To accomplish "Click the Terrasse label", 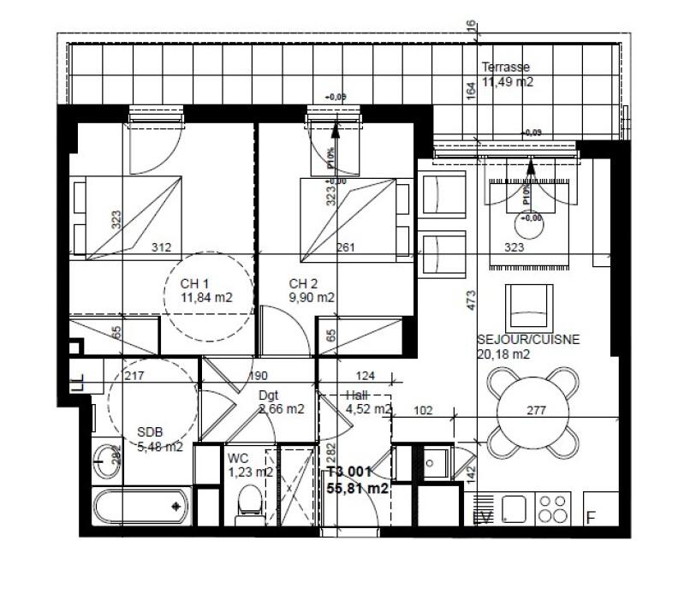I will tap(505, 67).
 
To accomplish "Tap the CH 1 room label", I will tap(194, 284).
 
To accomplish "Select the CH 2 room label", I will tap(304, 284).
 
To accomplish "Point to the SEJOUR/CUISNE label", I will tap(528, 339).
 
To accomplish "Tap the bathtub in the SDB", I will tap(141, 507).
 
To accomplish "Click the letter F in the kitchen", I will tap(591, 518).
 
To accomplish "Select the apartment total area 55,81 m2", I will tap(358, 489).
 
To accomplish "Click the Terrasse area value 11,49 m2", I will tap(508, 82).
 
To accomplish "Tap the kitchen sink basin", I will tap(513, 508).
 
